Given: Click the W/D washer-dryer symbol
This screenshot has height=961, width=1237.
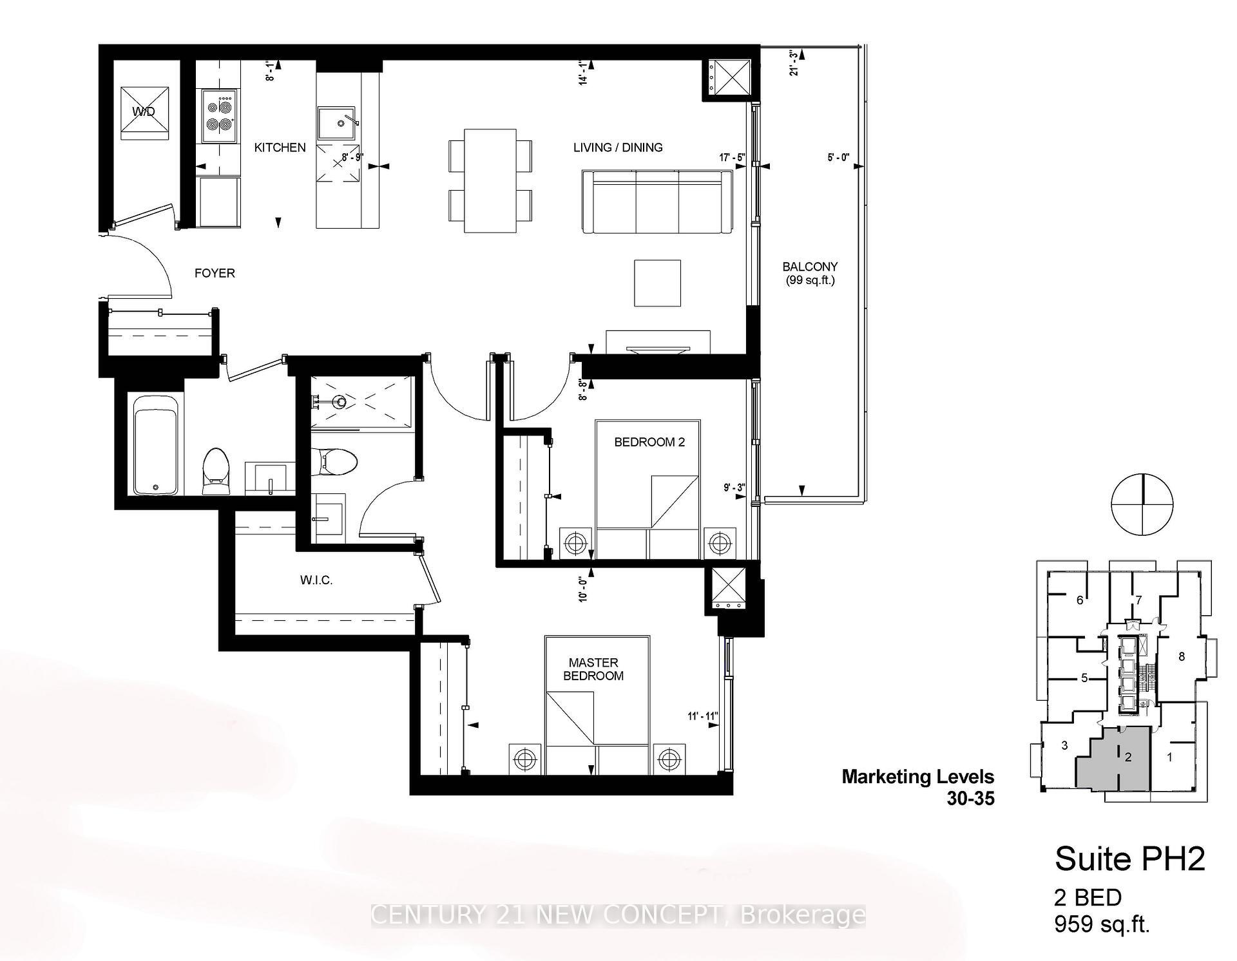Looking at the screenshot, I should (146, 112).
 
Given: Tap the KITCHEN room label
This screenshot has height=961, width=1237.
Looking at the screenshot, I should (280, 147).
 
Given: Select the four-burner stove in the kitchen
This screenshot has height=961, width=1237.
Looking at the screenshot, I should (219, 116).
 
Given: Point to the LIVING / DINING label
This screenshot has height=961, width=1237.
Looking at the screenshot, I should (618, 147).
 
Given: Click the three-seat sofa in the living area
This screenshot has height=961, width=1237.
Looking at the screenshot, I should (657, 202).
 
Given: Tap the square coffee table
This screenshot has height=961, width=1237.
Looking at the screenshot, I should (657, 283).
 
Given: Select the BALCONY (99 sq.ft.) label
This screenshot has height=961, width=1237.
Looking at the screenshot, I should (810, 273).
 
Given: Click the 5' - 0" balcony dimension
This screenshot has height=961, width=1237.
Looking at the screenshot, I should (838, 157).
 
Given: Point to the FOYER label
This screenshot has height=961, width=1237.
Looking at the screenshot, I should (215, 273).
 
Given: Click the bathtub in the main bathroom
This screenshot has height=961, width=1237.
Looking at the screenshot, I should (155, 445).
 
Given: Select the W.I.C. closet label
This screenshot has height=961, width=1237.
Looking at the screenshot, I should (316, 580).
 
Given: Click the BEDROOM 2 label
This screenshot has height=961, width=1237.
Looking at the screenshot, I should (649, 442).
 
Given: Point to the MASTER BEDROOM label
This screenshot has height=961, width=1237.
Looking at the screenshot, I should (593, 669).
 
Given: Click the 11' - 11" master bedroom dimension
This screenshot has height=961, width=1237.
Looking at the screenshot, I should (702, 716).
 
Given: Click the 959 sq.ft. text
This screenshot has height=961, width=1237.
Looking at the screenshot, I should (1102, 924).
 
